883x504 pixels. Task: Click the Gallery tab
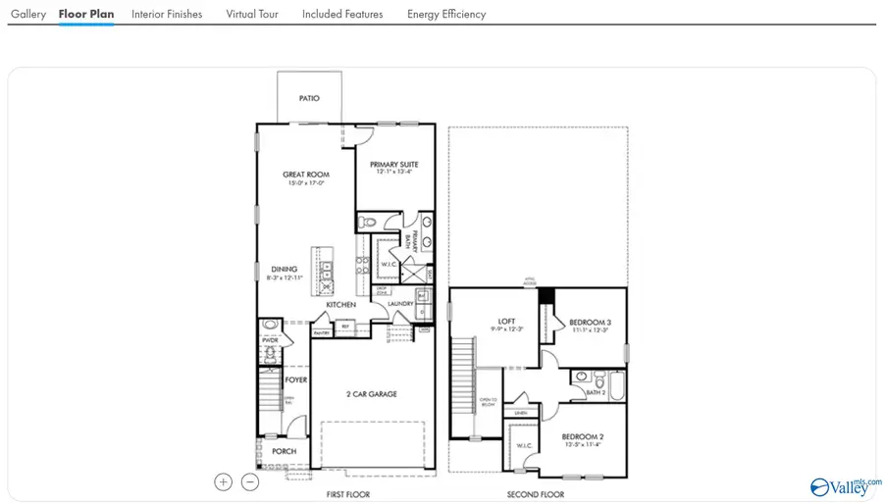pos(28,15)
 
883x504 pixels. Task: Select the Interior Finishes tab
pos(167,15)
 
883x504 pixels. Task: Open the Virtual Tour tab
pos(252,15)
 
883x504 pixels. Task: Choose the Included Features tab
pos(342,15)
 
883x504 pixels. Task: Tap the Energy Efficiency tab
pos(446,15)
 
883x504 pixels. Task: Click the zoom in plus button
pos(224,481)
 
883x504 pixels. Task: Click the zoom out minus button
pos(250,481)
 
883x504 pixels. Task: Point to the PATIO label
pos(309,99)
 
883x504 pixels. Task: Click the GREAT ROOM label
pos(306,175)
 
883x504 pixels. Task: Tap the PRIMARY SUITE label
pos(394,165)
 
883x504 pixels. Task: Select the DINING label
pos(285,270)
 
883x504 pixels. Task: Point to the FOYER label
pos(296,379)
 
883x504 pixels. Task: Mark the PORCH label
pos(285,451)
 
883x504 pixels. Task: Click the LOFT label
pos(506,322)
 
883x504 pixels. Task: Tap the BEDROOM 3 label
pos(591,323)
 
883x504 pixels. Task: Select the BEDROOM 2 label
pos(582,436)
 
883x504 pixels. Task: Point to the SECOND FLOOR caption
pos(536,495)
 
